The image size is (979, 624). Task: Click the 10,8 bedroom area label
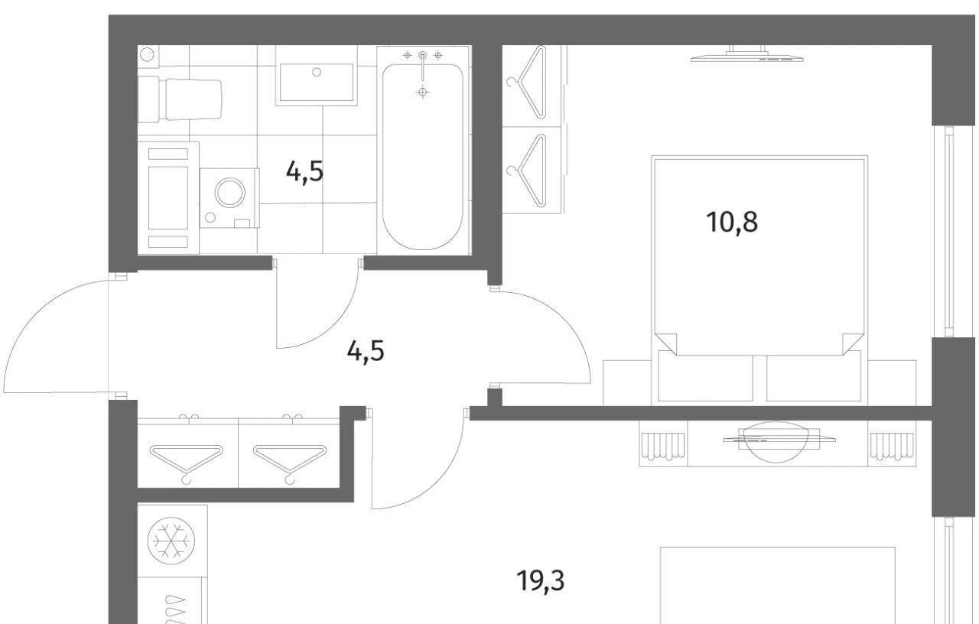point(732,222)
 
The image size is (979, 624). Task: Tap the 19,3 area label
point(540,581)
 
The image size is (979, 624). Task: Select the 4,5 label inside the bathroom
point(304,171)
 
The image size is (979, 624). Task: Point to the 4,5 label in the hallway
point(366,351)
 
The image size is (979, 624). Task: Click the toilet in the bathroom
point(180,99)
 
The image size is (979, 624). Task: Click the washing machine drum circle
point(230,192)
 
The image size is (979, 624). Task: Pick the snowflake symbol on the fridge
point(171,541)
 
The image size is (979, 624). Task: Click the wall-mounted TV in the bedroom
point(747,54)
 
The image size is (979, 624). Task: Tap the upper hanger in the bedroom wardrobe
point(527,82)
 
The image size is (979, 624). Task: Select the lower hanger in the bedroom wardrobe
point(527,171)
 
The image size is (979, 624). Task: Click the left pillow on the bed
point(705,377)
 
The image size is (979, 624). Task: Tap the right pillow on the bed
point(813,377)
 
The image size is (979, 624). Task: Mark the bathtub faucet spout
point(422,68)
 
